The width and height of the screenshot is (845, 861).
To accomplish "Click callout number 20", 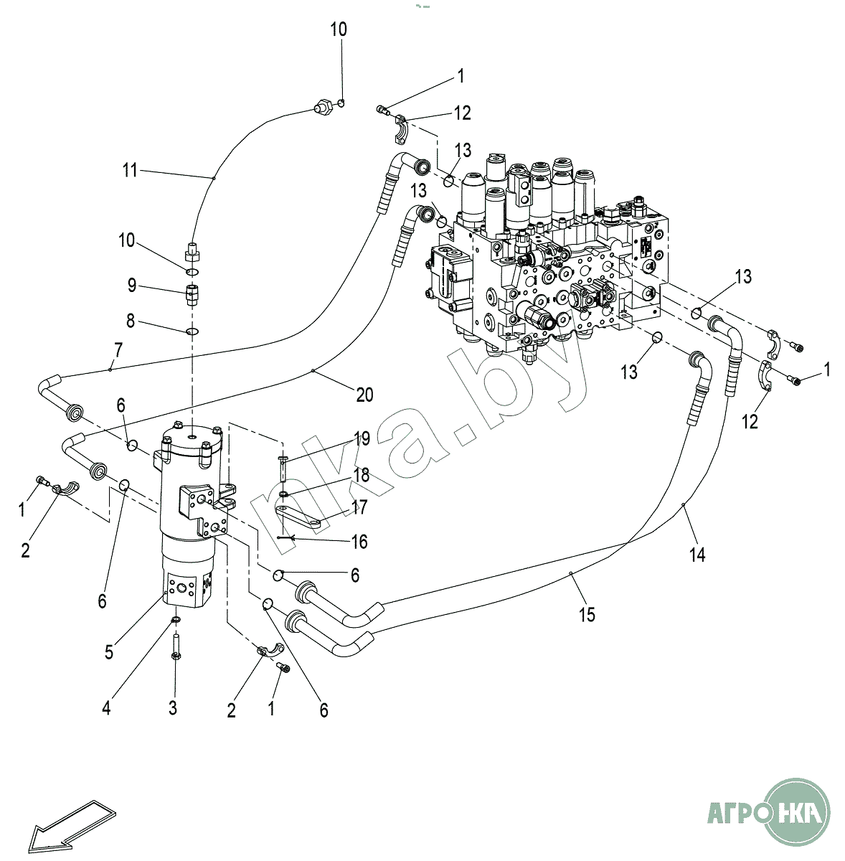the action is point(364,395).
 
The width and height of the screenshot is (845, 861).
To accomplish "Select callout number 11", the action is point(130,170).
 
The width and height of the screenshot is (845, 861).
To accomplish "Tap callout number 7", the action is point(118,350).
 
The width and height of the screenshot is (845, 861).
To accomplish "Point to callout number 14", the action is point(697,555).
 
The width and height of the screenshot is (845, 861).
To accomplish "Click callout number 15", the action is point(587,615).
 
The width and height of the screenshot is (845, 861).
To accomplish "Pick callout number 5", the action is point(109,653).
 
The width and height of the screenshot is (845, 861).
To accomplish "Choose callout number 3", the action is point(173,707).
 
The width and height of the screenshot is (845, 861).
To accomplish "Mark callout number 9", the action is point(132,285).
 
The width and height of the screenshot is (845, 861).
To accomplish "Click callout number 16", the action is point(359,542).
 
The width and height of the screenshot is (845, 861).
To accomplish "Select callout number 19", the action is point(362,439).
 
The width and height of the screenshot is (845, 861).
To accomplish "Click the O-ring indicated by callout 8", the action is point(192,331).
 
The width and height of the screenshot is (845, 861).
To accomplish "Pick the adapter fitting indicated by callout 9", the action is point(192,294).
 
